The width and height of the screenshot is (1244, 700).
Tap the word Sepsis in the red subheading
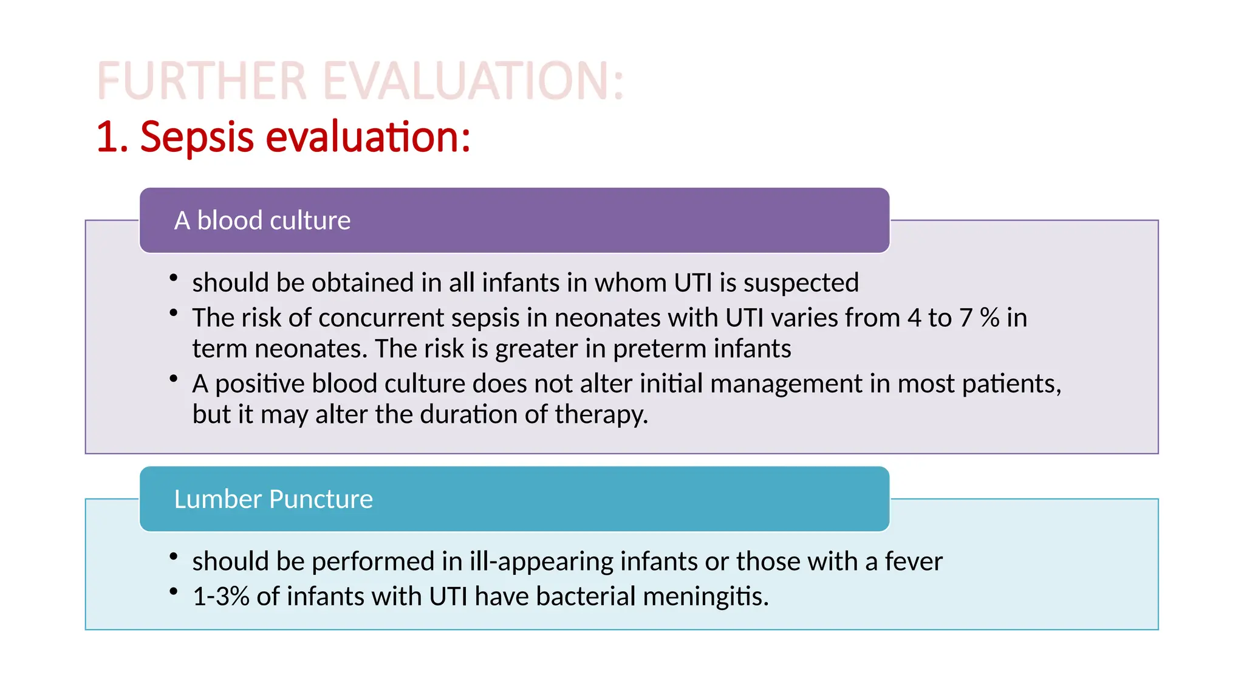click(x=196, y=137)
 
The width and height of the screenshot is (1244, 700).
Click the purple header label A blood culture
click(x=262, y=221)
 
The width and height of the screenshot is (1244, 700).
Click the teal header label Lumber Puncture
click(x=273, y=499)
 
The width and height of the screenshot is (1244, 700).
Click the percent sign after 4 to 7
click(x=989, y=318)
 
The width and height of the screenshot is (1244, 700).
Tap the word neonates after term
click(x=310, y=349)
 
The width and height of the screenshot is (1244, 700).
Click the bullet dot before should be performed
click(x=174, y=556)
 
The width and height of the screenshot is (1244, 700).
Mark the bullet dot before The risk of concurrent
click(x=174, y=313)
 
